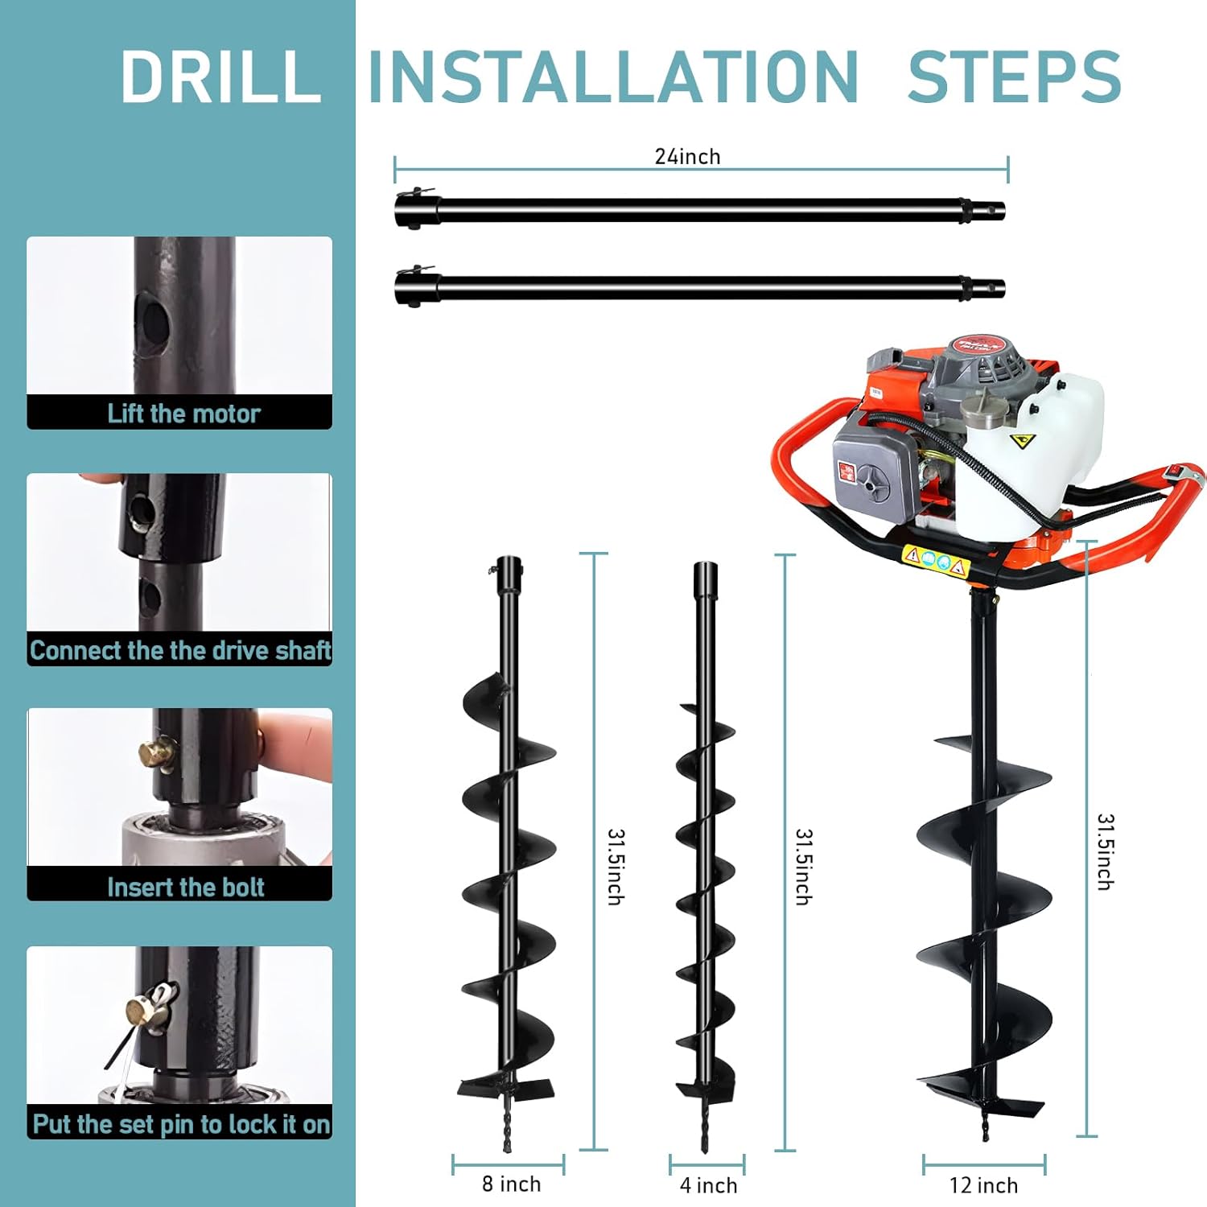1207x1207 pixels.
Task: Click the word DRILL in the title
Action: click(221, 76)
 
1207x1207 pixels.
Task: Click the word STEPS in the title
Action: click(1014, 76)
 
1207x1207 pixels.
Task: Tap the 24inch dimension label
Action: click(687, 156)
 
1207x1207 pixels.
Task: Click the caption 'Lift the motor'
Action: click(183, 414)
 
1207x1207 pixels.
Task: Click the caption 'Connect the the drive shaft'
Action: click(179, 650)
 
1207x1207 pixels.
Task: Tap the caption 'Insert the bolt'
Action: click(185, 887)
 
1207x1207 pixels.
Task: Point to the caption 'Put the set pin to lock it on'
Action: click(181, 1124)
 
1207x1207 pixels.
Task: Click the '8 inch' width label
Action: click(511, 1184)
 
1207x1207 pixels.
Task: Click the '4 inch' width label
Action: click(708, 1185)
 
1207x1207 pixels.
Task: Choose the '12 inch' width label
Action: click(983, 1185)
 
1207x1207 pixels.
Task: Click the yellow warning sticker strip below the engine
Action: click(934, 560)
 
